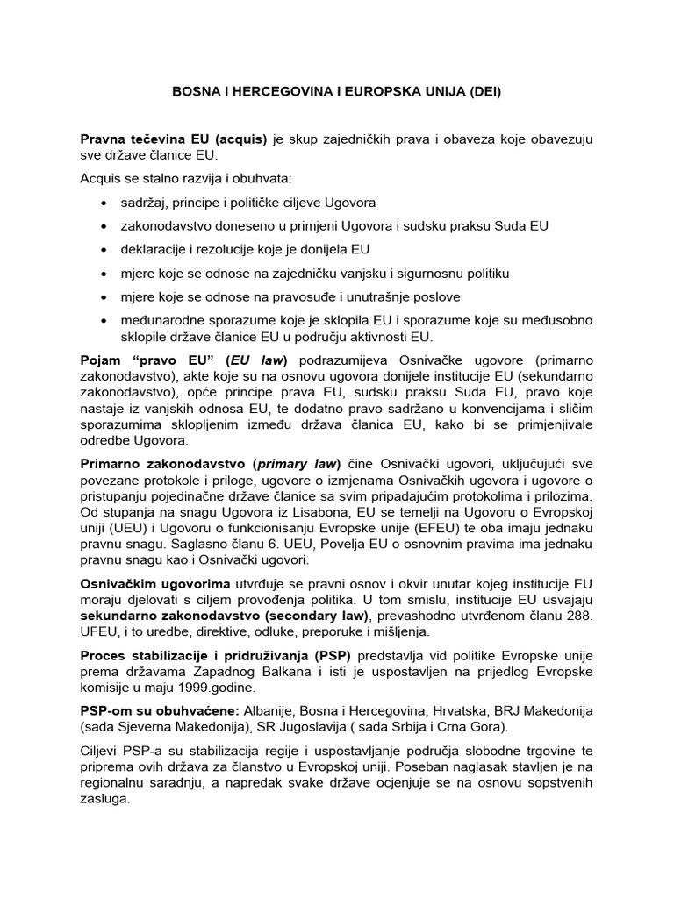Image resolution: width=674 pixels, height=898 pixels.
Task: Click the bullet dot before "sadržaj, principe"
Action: (x=104, y=203)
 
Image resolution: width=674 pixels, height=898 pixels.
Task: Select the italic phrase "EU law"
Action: (x=253, y=360)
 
